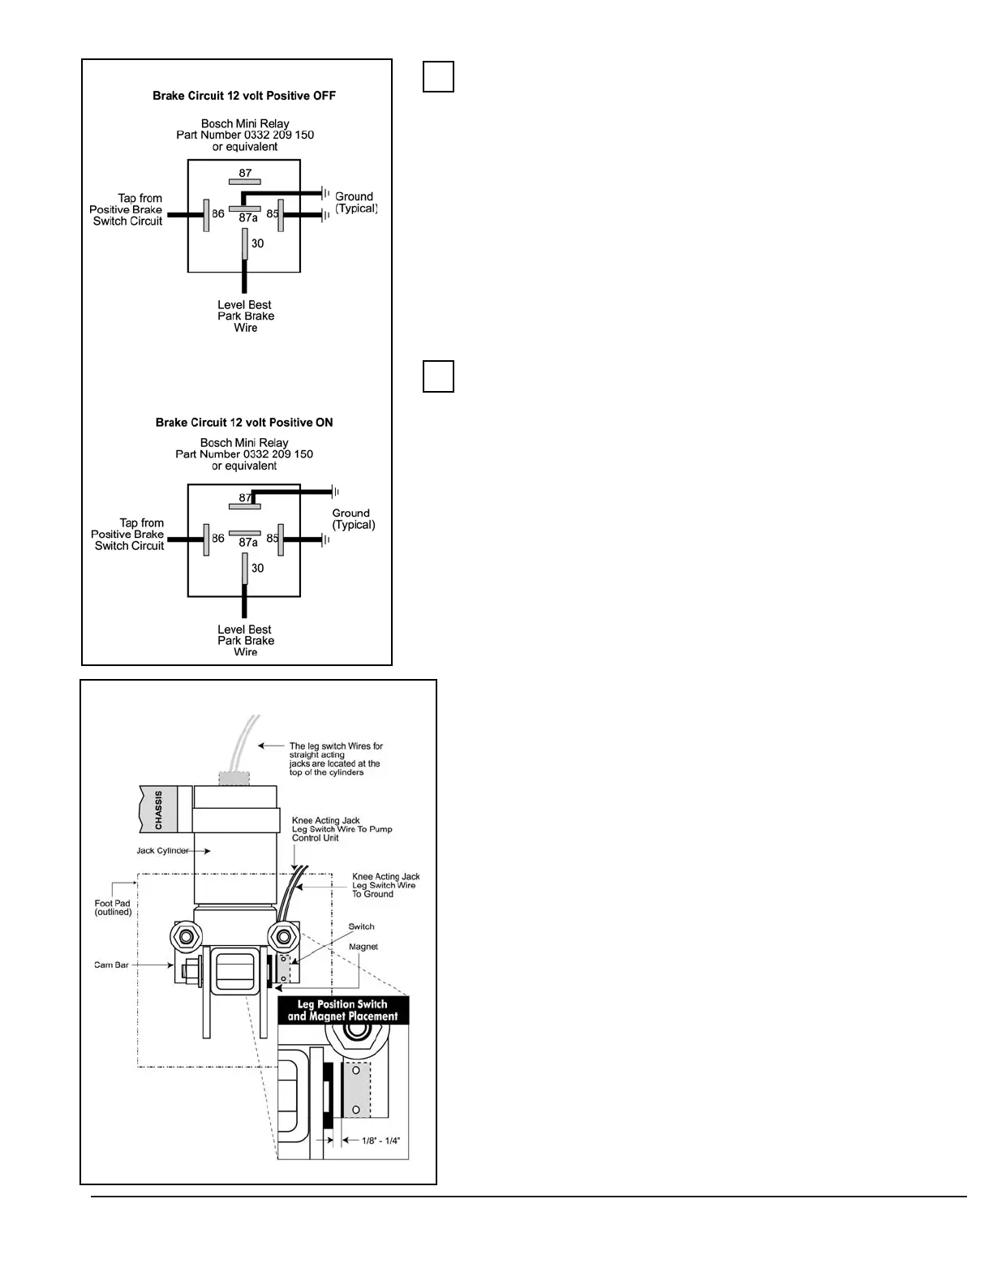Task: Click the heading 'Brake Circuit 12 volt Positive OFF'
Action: click(244, 96)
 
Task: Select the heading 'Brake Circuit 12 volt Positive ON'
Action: click(244, 423)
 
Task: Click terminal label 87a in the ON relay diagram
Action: click(248, 543)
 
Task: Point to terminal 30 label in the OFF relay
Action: click(257, 243)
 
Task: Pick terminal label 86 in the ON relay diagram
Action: click(218, 539)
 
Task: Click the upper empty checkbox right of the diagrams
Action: click(438, 76)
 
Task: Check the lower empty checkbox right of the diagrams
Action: click(438, 376)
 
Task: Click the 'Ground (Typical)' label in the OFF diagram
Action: click(355, 203)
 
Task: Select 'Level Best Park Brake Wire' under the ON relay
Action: click(245, 640)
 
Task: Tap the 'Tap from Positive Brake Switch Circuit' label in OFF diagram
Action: click(127, 209)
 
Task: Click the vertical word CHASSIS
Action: click(158, 810)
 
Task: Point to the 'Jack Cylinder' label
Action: click(162, 851)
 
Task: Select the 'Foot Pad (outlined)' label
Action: click(113, 908)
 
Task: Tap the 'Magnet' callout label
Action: click(363, 947)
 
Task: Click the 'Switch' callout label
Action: click(361, 926)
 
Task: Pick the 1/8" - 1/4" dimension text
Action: click(380, 1141)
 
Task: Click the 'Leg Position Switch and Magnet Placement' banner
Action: click(342, 1010)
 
